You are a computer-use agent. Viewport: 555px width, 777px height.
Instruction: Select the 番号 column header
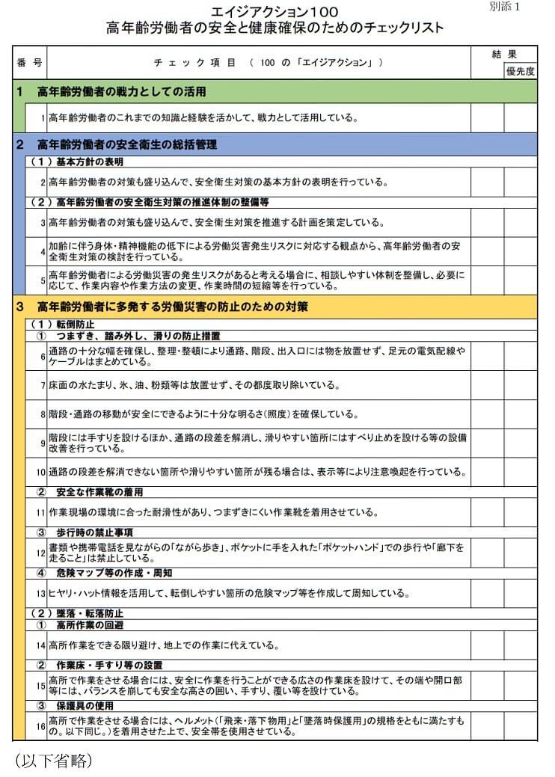click(x=30, y=63)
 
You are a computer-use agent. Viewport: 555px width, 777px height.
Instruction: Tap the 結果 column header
click(x=504, y=55)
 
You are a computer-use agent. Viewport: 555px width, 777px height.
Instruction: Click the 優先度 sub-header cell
click(x=520, y=71)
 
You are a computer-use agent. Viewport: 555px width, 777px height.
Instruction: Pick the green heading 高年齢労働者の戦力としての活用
click(x=121, y=91)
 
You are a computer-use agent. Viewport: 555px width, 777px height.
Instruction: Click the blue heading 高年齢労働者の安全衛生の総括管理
click(x=127, y=144)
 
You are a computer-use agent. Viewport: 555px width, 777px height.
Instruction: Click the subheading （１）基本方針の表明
click(x=76, y=162)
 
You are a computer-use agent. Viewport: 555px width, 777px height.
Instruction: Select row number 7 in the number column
click(x=43, y=385)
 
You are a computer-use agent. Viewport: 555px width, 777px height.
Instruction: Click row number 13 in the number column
click(x=41, y=593)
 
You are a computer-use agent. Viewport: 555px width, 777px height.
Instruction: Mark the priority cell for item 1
click(x=520, y=117)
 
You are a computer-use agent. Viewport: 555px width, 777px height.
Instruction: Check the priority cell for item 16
click(x=520, y=725)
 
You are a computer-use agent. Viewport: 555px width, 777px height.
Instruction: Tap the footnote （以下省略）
click(x=54, y=761)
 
